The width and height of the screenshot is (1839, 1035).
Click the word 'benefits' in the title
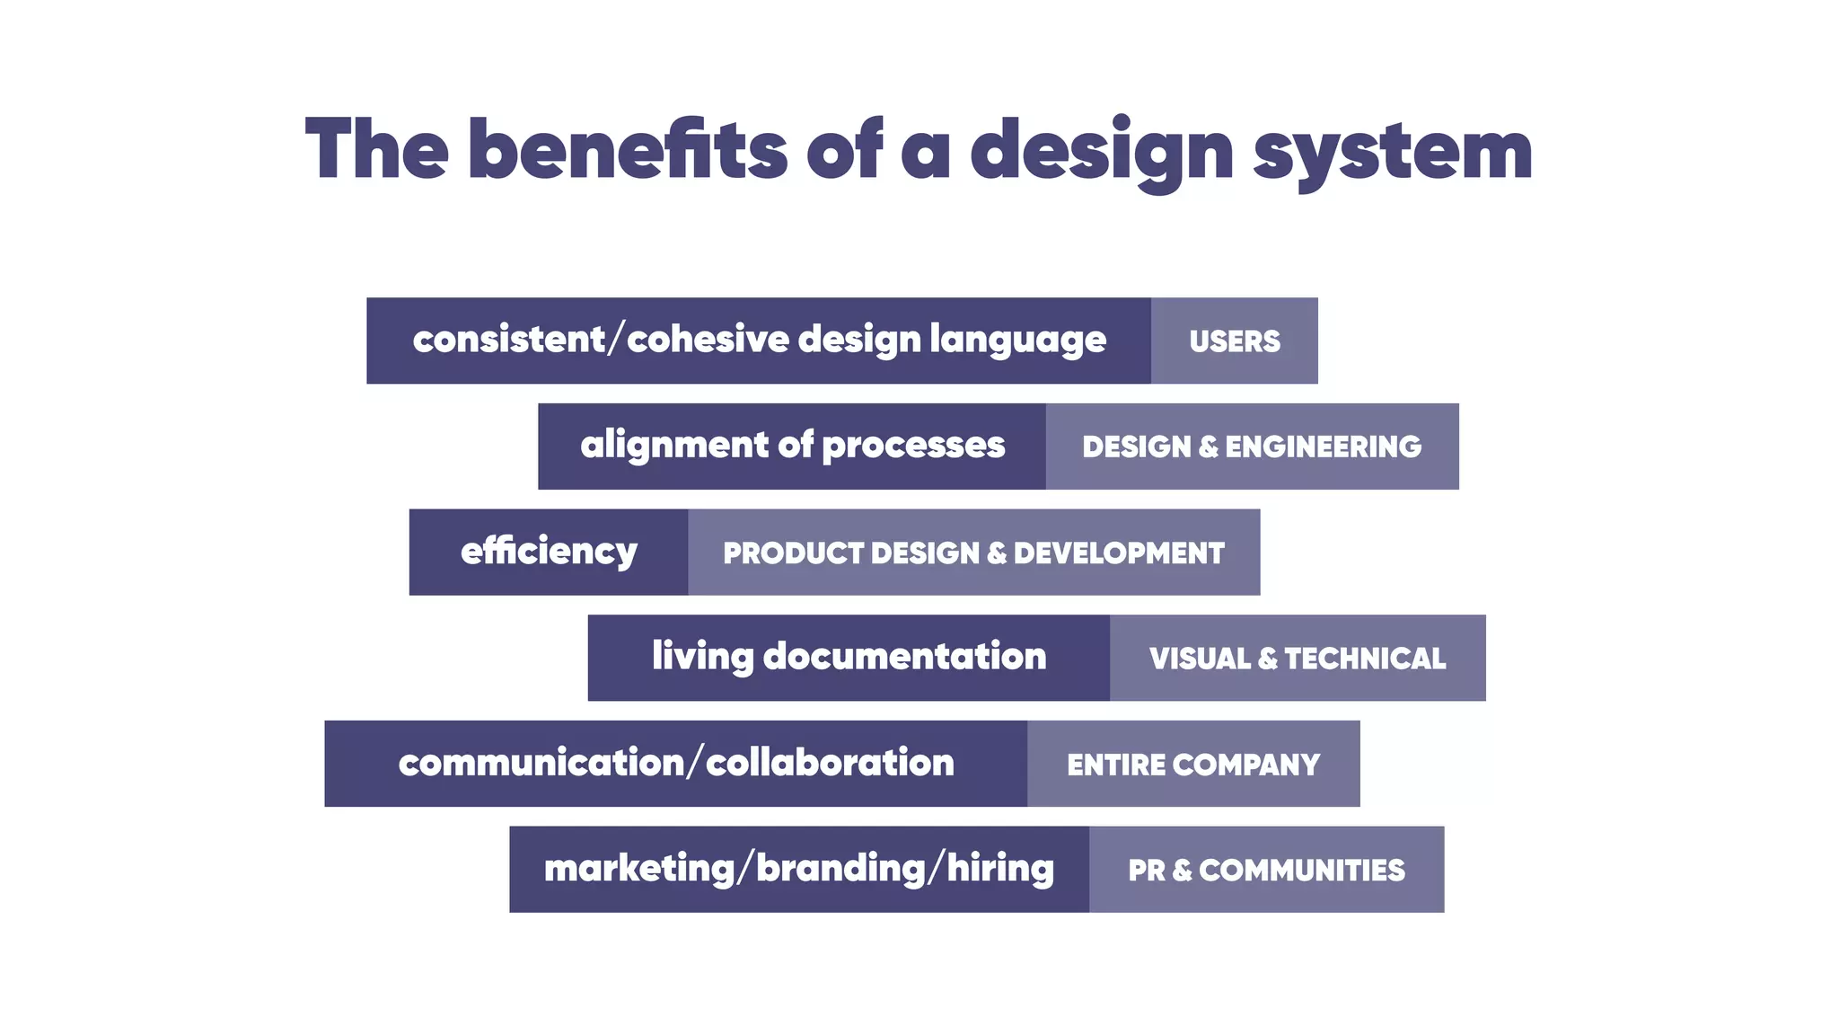click(627, 149)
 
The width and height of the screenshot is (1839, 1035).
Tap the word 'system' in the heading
click(1393, 151)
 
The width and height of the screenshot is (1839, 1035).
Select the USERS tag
click(1235, 341)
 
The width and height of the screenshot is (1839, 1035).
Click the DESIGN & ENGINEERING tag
click(1252, 447)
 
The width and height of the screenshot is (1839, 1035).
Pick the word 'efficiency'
click(549, 552)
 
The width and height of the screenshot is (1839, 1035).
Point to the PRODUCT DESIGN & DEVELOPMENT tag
click(973, 553)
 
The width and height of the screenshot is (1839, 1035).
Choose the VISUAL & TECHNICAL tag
click(1298, 659)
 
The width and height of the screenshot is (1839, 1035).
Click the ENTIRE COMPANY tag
click(1193, 765)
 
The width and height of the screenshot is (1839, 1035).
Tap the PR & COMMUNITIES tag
click(1266, 870)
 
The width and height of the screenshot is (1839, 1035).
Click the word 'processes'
click(913, 446)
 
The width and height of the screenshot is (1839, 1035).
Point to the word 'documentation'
click(904, 657)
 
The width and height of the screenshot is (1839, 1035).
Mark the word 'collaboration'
click(830, 763)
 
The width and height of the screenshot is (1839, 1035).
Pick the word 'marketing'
click(639, 869)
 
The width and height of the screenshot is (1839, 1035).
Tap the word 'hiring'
click(1000, 869)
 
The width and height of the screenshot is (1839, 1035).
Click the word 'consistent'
click(509, 340)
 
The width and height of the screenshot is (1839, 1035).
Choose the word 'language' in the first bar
click(1017, 341)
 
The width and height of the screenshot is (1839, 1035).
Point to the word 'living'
click(702, 657)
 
